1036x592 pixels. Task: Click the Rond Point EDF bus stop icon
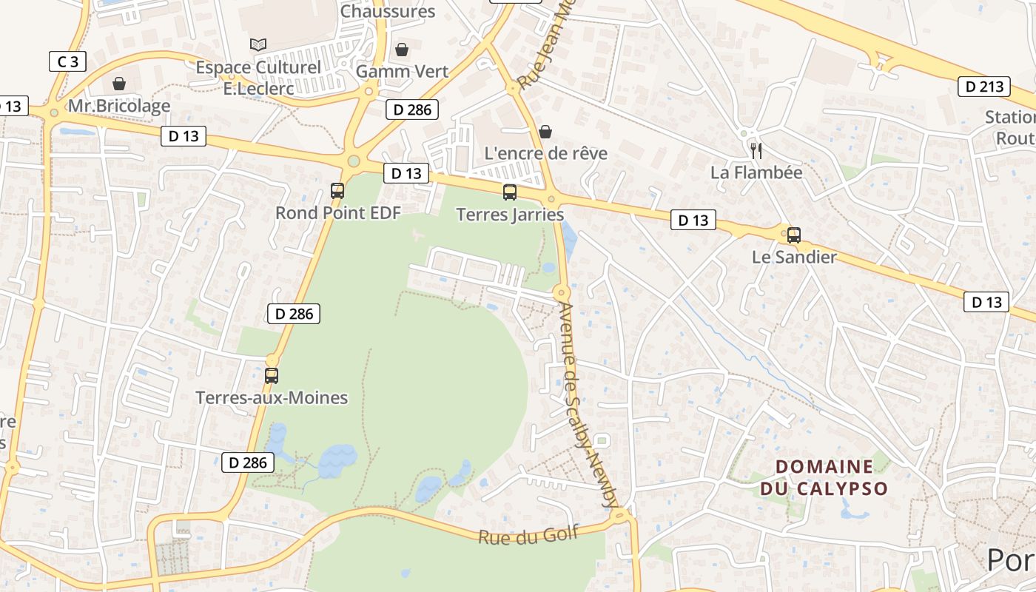(337, 191)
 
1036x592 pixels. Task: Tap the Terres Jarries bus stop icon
(510, 192)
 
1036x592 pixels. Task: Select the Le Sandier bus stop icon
(794, 235)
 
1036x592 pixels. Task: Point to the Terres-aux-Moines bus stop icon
(272, 375)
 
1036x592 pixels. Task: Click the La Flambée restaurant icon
(756, 151)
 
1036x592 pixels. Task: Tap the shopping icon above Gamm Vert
(402, 50)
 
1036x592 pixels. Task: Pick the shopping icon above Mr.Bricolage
(119, 84)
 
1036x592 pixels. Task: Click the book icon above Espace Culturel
(258, 45)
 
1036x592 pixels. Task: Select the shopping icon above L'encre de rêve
(545, 132)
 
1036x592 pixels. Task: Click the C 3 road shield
(68, 61)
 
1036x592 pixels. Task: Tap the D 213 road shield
(984, 87)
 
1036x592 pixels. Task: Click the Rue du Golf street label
(528, 535)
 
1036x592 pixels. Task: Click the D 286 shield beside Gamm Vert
(412, 110)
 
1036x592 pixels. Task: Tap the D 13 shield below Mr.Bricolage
(184, 136)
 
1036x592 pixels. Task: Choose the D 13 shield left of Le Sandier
(693, 220)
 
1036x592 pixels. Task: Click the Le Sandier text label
(794, 258)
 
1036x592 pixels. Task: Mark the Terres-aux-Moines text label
(272, 397)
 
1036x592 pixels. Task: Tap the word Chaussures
(388, 11)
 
